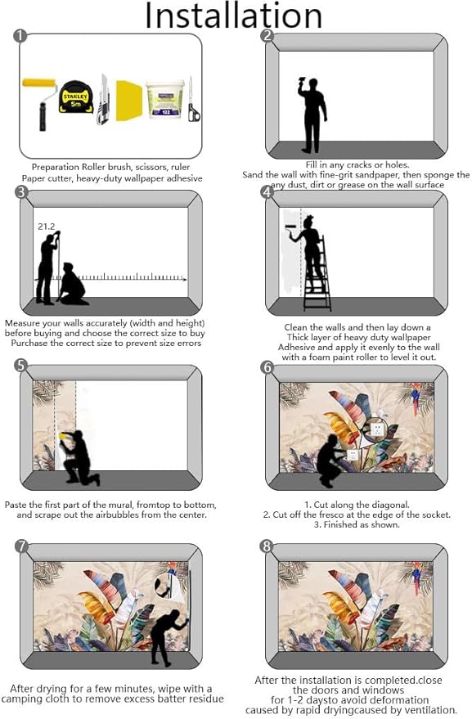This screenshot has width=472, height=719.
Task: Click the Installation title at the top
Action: coord(233,16)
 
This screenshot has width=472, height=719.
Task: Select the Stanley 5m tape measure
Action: coord(76,97)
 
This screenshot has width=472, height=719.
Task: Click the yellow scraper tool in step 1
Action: coord(128,101)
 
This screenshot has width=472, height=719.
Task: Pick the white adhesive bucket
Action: coord(165,100)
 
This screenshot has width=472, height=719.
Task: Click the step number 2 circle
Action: coord(267,36)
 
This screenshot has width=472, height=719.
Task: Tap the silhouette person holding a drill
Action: coord(312,115)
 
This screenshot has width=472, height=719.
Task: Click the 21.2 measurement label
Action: coord(47,227)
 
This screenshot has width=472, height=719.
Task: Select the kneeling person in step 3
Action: coord(73,285)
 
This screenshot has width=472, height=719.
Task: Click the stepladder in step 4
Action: coord(317,274)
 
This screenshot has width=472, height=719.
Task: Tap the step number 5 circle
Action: coord(21,366)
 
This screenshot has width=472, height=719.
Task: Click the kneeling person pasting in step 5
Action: coord(79,457)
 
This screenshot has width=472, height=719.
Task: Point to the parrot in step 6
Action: coord(416,398)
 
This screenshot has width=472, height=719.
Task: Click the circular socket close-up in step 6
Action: coord(375,429)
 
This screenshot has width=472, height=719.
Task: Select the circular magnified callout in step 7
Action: coord(170,586)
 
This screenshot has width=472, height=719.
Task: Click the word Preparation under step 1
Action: coord(55,168)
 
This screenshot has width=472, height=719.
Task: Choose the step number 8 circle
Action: coord(267,546)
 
